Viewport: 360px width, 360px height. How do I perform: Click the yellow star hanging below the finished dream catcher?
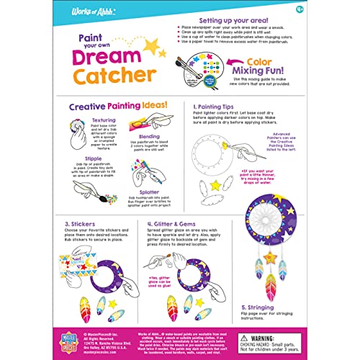click(x=270, y=257)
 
